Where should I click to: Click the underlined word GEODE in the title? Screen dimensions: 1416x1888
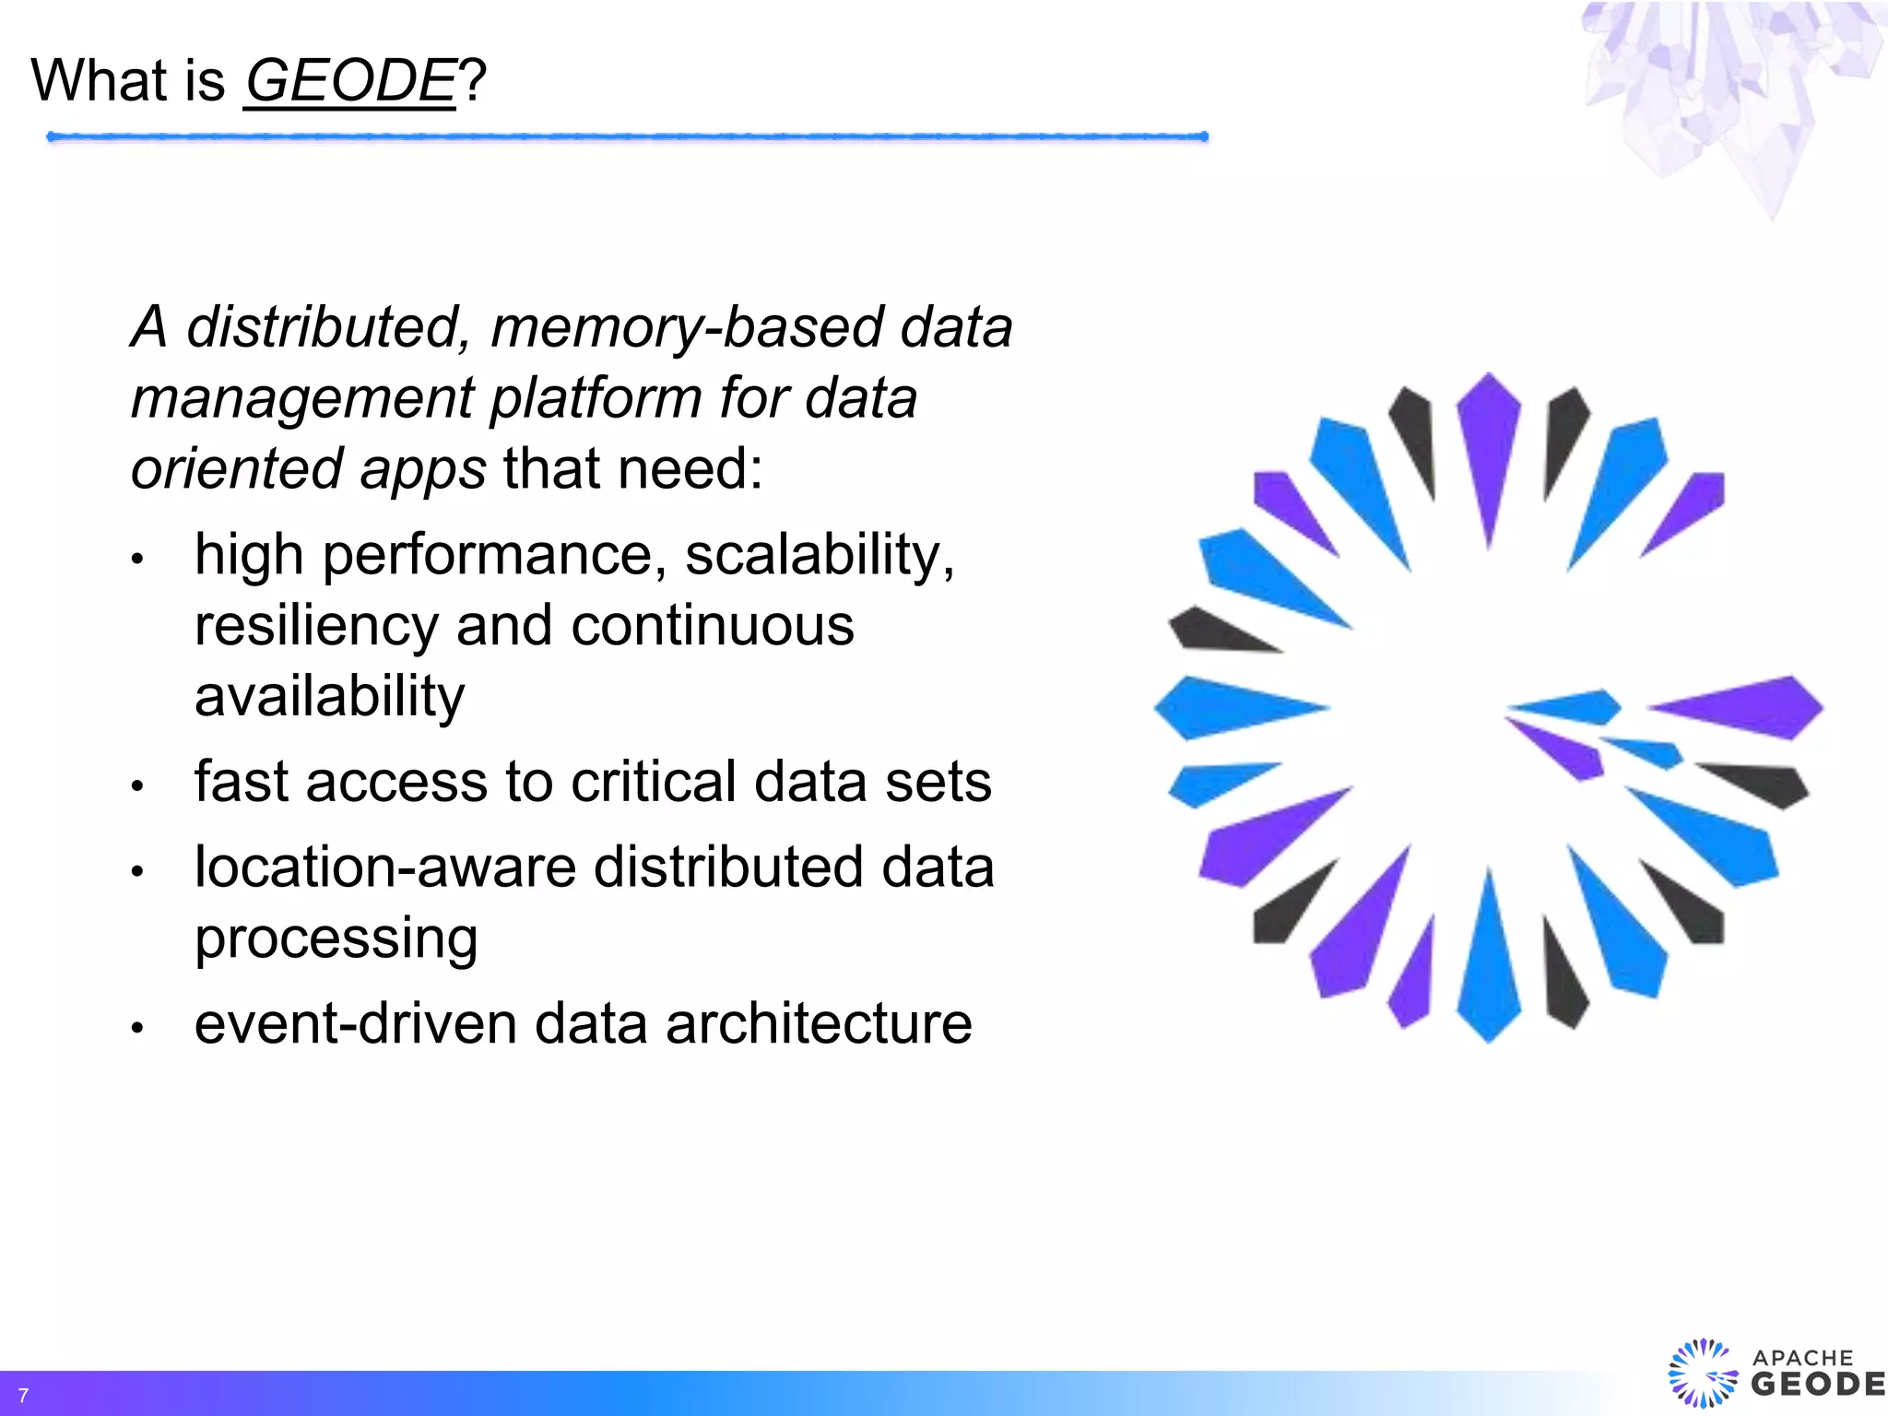(350, 81)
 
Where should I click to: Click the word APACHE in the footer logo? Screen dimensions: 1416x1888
(1802, 1358)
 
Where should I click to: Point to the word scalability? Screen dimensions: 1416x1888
(820, 555)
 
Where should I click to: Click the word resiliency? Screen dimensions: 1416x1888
(316, 627)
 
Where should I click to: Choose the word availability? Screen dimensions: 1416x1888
(329, 696)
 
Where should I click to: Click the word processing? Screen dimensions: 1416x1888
(336, 939)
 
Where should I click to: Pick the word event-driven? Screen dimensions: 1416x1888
(355, 1024)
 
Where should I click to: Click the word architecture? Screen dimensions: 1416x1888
(819, 1024)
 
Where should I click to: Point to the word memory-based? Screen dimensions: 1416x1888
(686, 327)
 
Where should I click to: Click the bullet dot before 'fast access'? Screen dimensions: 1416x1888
(137, 785)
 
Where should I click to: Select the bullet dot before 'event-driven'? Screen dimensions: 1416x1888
(137, 1027)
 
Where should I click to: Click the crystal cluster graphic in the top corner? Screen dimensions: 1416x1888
(1733, 92)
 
